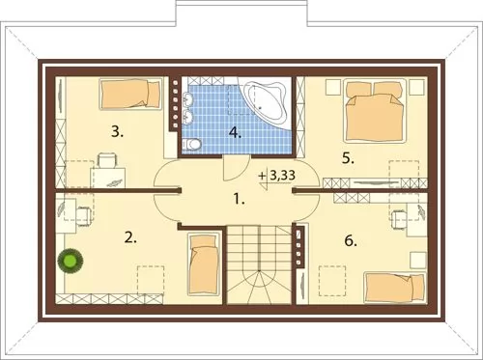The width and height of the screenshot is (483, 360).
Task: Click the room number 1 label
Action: click(239, 200)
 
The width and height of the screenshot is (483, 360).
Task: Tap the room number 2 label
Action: click(130, 237)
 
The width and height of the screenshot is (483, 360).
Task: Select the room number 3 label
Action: click(117, 132)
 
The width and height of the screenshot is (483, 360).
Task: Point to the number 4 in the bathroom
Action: click(236, 132)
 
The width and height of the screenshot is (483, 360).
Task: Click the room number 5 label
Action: click(348, 158)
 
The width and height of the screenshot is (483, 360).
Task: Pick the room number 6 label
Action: click(351, 240)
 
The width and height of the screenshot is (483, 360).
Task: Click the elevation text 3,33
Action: click(282, 176)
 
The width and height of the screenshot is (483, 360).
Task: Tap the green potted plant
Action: click(71, 261)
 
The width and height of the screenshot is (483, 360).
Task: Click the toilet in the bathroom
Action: click(191, 144)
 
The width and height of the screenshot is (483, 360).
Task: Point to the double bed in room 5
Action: click(375, 111)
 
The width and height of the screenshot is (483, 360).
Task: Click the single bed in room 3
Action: click(130, 94)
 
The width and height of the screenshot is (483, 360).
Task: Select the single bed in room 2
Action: click(203, 263)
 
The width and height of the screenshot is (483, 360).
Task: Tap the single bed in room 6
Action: click(395, 288)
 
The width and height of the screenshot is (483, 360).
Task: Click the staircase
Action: click(260, 264)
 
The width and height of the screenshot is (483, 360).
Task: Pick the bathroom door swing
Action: click(236, 168)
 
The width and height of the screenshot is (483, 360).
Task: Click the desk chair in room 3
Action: click(107, 160)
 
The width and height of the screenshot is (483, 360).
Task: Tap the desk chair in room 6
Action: click(399, 219)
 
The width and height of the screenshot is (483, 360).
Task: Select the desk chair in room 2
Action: click(83, 215)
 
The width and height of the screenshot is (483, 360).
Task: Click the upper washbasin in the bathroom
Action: click(187, 97)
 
